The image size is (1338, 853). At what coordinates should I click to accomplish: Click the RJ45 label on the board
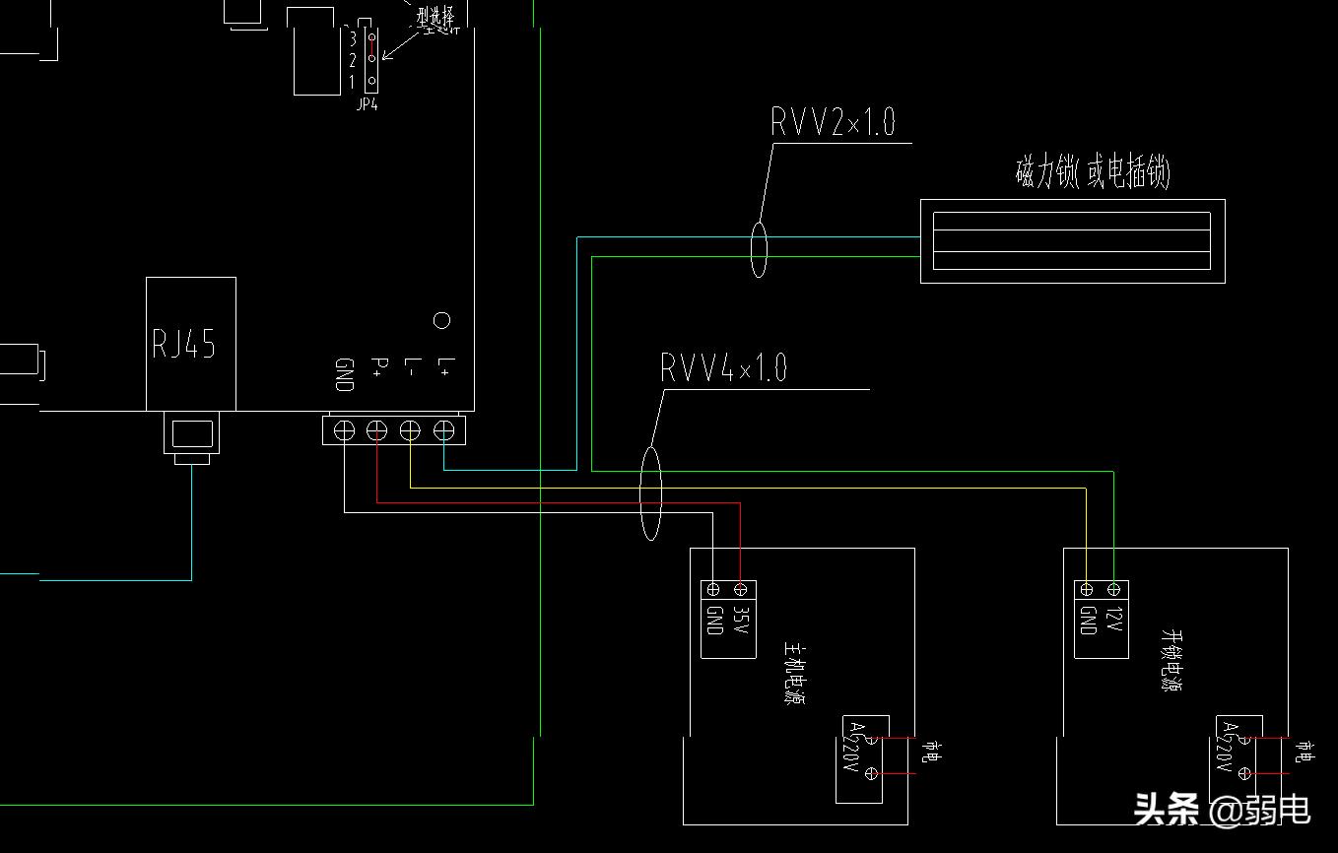pyautogui.click(x=183, y=344)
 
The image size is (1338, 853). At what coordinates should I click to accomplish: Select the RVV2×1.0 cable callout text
pyautogui.click(x=833, y=122)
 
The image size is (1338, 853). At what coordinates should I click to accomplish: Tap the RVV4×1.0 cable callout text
pyautogui.click(x=723, y=368)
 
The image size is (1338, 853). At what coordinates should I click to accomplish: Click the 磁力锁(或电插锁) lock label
pyautogui.click(x=1093, y=173)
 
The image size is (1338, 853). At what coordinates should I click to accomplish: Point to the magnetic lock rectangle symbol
pyautogui.click(x=1072, y=241)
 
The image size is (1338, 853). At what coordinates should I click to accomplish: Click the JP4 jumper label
pyautogui.click(x=367, y=104)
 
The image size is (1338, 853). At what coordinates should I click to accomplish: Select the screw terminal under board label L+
pyautogui.click(x=444, y=430)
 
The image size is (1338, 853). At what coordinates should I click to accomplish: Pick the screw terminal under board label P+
pyautogui.click(x=377, y=430)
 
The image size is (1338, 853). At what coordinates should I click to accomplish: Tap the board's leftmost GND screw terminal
pyautogui.click(x=344, y=430)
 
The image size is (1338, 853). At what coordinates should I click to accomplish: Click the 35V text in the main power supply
pyautogui.click(x=742, y=620)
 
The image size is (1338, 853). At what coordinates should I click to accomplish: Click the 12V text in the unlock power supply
pyautogui.click(x=1114, y=620)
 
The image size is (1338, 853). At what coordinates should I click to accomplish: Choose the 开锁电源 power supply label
pyautogui.click(x=1170, y=660)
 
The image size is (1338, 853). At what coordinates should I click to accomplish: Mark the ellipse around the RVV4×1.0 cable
pyautogui.click(x=650, y=492)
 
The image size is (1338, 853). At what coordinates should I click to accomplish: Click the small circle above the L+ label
pyautogui.click(x=442, y=320)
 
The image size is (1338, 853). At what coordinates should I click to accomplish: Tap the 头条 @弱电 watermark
pyautogui.click(x=1222, y=810)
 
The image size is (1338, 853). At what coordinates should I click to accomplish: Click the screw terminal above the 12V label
pyautogui.click(x=1114, y=590)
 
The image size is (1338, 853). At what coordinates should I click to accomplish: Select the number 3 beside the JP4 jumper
pyautogui.click(x=352, y=38)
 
